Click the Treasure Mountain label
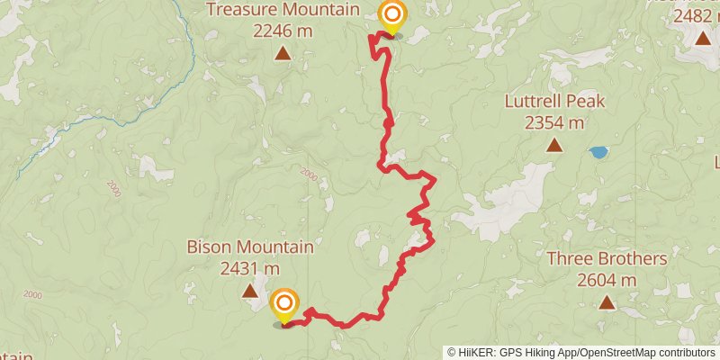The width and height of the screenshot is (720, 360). (283, 11)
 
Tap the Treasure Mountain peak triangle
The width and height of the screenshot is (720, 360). (283, 54)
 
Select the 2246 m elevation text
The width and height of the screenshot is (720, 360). (283, 31)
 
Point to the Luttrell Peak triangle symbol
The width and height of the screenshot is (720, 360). (553, 145)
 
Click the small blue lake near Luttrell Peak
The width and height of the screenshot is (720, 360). (598, 152)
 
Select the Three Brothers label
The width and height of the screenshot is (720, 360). (607, 259)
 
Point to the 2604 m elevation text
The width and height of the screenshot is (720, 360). (607, 280)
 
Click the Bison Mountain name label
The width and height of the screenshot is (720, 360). (249, 247)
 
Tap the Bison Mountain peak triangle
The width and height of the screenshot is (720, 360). (249, 290)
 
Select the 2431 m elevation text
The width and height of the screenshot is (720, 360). (249, 267)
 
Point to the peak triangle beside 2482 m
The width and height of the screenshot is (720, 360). (702, 38)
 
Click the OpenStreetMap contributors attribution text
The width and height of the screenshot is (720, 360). (645, 352)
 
